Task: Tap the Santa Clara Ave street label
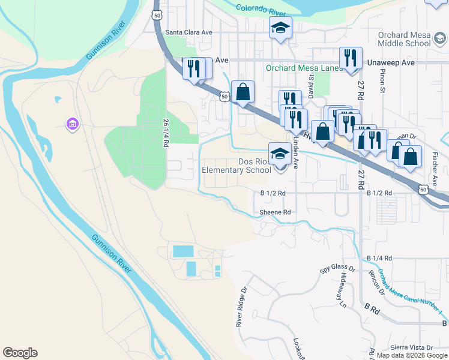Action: coord(190,32)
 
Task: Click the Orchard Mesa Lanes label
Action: coord(304,68)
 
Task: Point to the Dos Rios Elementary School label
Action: coord(237,166)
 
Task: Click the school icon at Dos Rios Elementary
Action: coord(280,155)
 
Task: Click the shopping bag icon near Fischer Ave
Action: coord(411,157)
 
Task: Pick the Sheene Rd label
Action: coord(275,212)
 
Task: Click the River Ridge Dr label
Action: coord(242,307)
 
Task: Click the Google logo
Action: coord(20,353)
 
